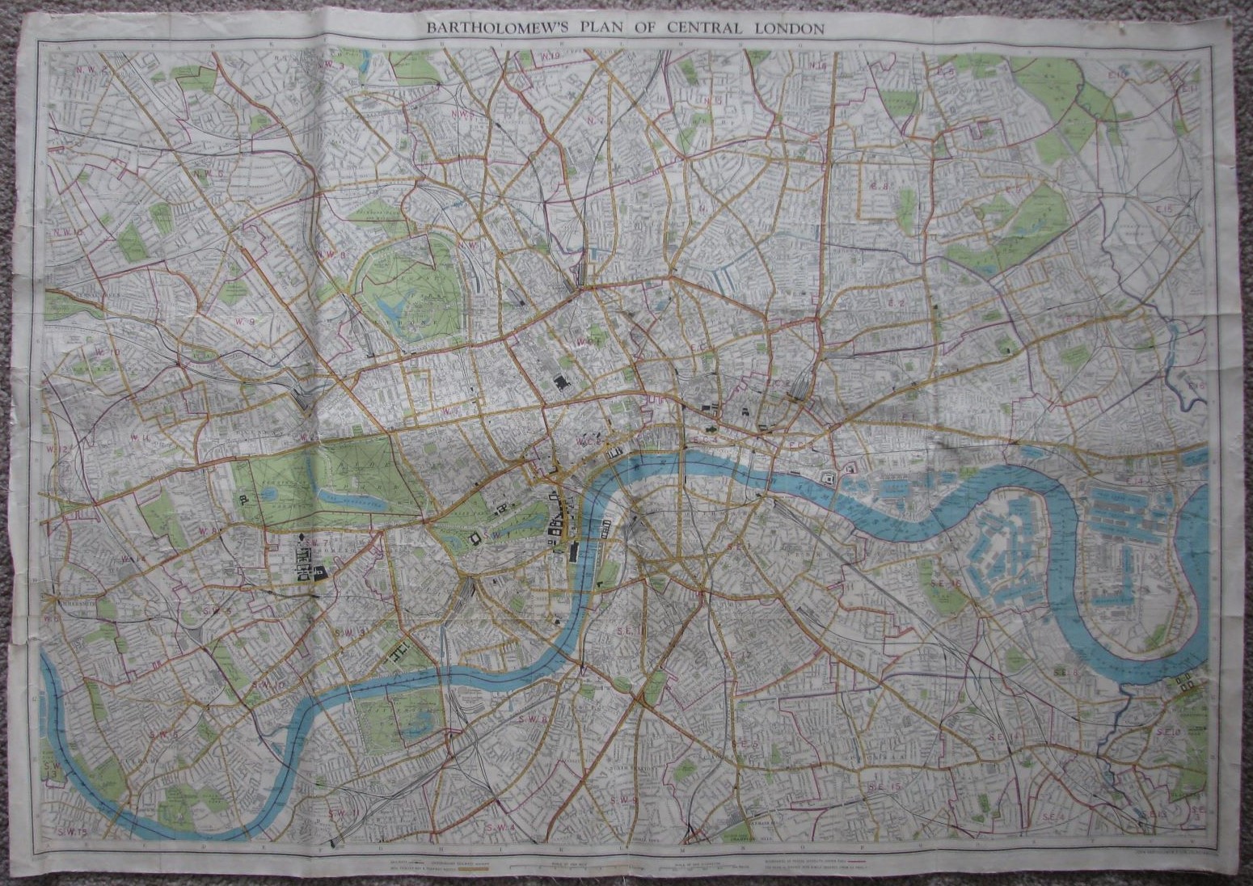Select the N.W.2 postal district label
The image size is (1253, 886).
(92, 71)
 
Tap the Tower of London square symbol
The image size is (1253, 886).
(829, 478)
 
